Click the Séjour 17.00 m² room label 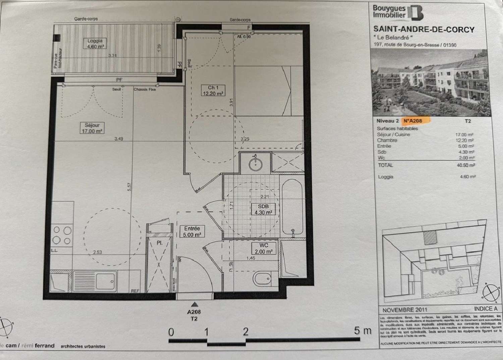92,128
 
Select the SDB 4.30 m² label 263,209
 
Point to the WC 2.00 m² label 264,248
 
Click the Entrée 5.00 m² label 192,232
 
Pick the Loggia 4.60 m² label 95,44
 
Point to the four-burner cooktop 62,235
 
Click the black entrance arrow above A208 194,304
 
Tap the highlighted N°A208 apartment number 413,121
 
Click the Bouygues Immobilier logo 398,12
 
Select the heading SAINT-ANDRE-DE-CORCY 424,29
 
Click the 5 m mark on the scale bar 362,331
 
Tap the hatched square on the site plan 430,238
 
